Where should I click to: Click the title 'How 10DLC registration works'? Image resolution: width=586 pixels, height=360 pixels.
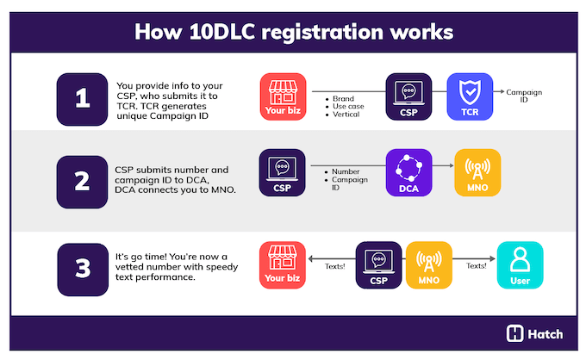click(293, 32)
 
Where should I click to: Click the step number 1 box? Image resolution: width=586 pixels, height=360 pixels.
click(83, 98)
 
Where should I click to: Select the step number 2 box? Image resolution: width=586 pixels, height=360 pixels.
click(83, 181)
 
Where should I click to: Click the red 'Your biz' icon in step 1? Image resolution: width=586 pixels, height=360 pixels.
click(284, 97)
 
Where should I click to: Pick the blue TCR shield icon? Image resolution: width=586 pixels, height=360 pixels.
click(469, 97)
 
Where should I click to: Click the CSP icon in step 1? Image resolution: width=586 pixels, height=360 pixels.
click(408, 97)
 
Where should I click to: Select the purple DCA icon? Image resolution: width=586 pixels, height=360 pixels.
click(408, 173)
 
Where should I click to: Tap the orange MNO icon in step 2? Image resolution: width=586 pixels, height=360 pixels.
click(477, 173)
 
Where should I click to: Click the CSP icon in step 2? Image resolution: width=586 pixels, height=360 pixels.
click(282, 173)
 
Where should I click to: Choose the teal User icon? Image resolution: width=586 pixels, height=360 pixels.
click(520, 265)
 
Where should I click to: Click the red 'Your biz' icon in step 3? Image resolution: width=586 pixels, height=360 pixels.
click(284, 265)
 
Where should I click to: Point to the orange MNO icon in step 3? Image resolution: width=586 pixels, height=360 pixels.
click(428, 265)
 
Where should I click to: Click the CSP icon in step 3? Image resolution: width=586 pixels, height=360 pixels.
click(379, 265)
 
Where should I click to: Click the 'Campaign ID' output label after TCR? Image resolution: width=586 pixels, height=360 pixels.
click(523, 96)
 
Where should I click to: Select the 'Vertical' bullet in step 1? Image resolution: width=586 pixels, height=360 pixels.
click(346, 115)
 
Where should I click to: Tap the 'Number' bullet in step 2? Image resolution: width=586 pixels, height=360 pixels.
click(345, 172)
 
